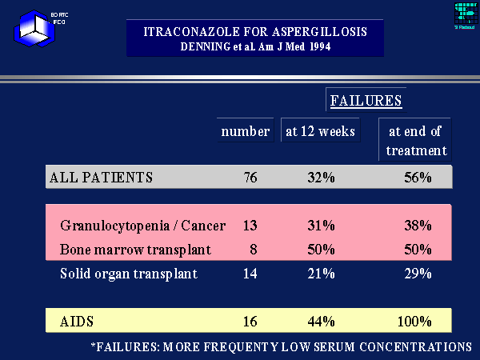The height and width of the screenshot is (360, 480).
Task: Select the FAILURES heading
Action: (366, 101)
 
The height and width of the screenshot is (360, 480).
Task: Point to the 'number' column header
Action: (245, 131)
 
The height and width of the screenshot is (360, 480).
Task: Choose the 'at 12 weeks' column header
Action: (320, 131)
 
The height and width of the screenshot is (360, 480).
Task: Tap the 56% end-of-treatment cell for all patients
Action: (418, 177)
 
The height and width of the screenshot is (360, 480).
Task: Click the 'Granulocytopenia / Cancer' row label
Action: (142, 226)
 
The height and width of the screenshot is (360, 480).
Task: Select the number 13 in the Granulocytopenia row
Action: (250, 226)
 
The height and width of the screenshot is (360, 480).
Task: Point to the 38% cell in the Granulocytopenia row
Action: (418, 226)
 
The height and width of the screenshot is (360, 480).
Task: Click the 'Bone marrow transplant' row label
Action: (135, 250)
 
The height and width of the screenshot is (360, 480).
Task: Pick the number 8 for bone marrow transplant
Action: (254, 250)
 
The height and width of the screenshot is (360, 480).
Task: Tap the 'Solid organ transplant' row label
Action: (129, 274)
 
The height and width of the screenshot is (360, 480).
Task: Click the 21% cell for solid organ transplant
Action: (320, 274)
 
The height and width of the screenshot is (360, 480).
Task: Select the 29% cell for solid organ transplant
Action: (418, 274)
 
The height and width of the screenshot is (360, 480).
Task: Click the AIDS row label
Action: (78, 322)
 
